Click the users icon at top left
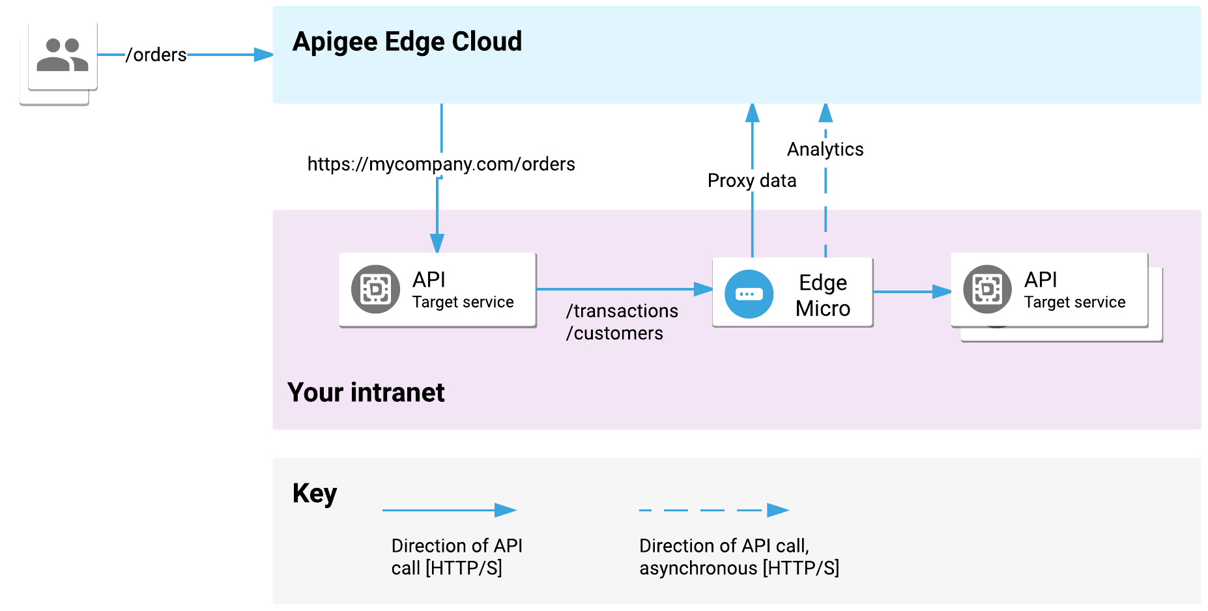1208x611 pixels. click(x=63, y=55)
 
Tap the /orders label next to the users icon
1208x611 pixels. click(x=156, y=55)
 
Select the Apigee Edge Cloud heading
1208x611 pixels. click(x=407, y=42)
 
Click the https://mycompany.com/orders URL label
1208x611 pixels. click(x=441, y=164)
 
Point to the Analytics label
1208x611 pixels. click(x=825, y=149)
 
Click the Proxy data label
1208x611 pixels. click(x=752, y=180)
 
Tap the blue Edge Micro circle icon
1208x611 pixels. click(x=749, y=294)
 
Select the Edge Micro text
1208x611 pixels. click(x=823, y=295)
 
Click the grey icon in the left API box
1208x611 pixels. click(x=375, y=289)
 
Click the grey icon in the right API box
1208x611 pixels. click(x=987, y=289)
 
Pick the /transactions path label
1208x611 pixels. click(x=622, y=311)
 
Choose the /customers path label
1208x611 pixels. click(x=614, y=334)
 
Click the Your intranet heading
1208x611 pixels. click(x=366, y=393)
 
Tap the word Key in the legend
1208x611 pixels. click(x=314, y=494)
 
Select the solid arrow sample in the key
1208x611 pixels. click(x=450, y=510)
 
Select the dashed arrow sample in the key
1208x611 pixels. click(x=713, y=510)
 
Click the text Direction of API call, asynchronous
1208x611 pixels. click(x=739, y=557)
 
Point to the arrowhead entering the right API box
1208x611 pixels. click(x=942, y=292)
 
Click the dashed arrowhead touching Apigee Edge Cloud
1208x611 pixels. click(x=826, y=113)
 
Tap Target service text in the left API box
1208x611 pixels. click(x=463, y=302)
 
